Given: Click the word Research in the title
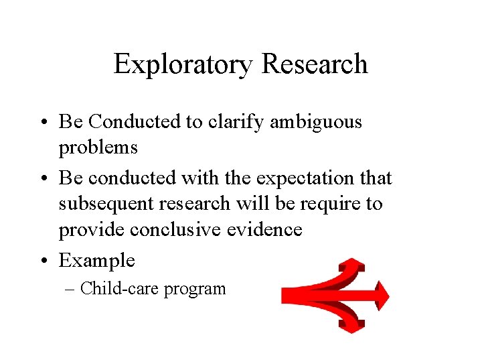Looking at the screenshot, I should point(315,64).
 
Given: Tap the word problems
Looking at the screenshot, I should point(98,147).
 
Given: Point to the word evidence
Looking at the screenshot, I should point(266,229).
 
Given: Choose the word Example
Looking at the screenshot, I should point(97,260).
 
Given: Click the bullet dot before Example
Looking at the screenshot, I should point(48,260).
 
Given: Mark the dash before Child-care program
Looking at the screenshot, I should point(72,290).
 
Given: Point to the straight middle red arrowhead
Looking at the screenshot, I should point(380,296).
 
